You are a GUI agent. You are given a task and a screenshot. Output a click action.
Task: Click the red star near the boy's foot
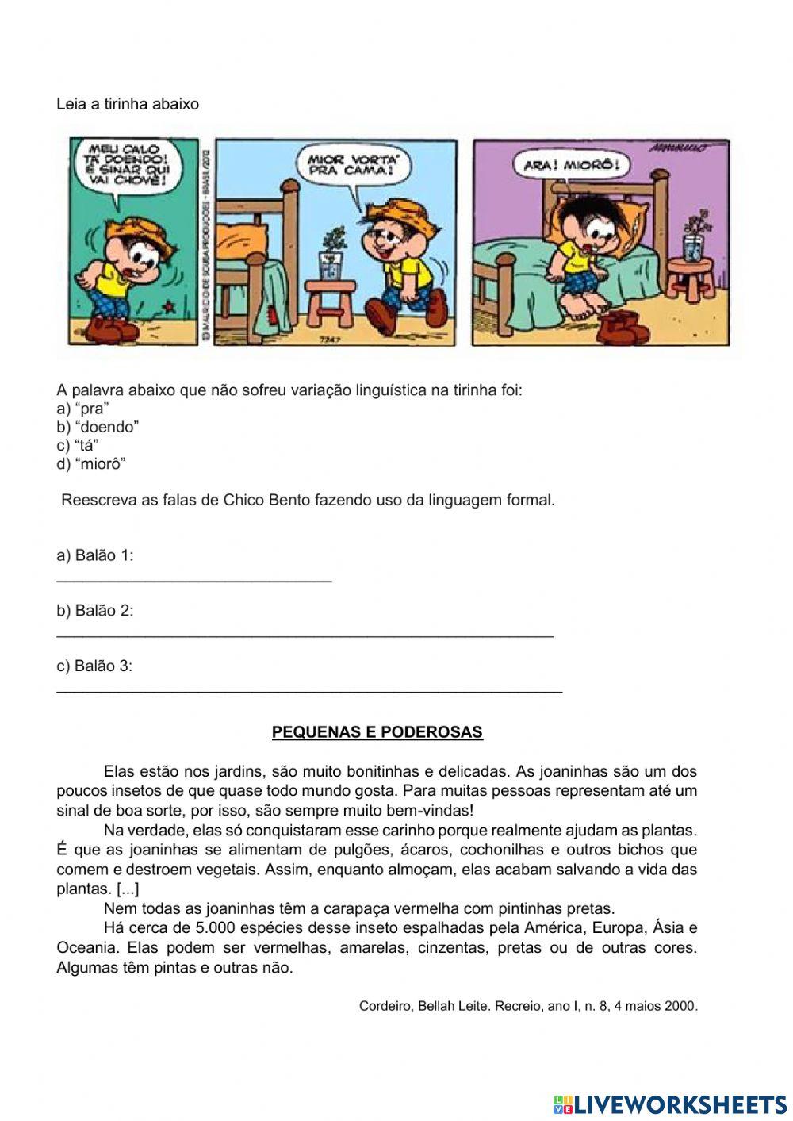pos(167,305)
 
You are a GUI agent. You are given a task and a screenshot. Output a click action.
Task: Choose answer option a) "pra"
pos(82,409)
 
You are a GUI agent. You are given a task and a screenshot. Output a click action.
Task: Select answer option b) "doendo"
pos(98,427)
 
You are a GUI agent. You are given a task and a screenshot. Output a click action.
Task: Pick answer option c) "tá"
pos(78,445)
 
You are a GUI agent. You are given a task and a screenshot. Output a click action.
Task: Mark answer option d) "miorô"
pos(91,464)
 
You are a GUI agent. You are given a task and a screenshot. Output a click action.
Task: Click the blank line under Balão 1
pos(193,581)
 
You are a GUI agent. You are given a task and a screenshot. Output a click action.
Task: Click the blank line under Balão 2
pos(305,636)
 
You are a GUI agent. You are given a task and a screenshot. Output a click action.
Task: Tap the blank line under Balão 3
pos(309,692)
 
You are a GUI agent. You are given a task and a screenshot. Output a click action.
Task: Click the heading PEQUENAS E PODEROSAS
pos(377,732)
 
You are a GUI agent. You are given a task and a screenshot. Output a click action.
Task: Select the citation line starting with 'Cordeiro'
pos(528,1006)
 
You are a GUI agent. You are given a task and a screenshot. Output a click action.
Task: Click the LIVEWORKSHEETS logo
pos(670,1104)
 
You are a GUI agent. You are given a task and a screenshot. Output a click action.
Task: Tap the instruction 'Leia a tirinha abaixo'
pos(128,104)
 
